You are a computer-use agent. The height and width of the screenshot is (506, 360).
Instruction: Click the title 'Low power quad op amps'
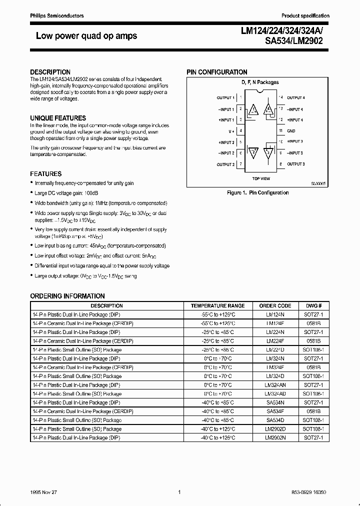point(86,36)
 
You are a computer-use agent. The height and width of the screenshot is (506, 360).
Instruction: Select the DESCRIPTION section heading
point(50,72)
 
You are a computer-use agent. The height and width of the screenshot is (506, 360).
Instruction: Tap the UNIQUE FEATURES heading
point(58,118)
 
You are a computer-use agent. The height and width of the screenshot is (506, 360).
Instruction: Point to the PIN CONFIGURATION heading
point(217,72)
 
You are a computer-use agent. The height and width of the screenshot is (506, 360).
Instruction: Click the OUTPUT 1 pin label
point(225,98)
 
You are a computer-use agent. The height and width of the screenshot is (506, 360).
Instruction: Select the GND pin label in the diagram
point(291,131)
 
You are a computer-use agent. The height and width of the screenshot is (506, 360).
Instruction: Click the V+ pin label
point(231,131)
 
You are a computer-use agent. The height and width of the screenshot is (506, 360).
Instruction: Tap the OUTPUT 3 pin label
point(295,164)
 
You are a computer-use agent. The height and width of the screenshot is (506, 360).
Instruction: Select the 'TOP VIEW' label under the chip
point(261,178)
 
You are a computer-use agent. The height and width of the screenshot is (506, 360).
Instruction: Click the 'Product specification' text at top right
point(305,16)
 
